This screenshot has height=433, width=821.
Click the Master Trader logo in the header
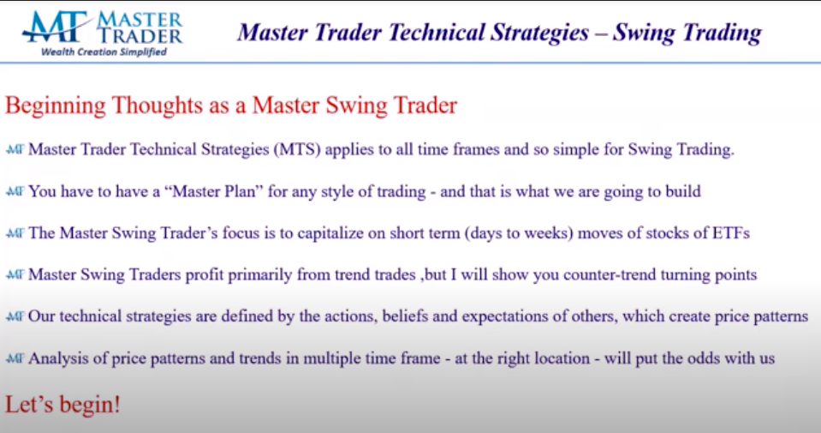point(103,27)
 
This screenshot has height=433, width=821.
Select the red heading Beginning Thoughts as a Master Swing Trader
point(231,106)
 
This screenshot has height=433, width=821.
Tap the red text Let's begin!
point(62,404)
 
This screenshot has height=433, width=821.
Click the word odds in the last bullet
point(673,358)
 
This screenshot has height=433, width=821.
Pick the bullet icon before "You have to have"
point(15,192)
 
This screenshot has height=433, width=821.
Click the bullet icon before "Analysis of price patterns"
point(15,359)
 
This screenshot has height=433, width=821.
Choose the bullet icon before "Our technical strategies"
point(15,317)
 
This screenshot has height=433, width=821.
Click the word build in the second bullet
point(681,191)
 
